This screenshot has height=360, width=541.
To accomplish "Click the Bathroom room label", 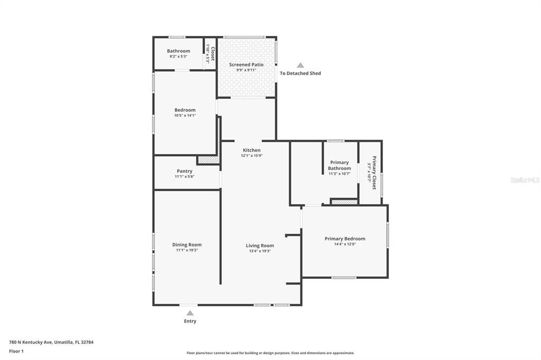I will (179, 51).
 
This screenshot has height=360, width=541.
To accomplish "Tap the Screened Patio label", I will (246, 64).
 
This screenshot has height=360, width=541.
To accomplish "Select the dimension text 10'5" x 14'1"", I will (185, 116).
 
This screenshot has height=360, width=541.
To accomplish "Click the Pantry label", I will (184, 171).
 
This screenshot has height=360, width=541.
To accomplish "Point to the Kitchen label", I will (251, 150).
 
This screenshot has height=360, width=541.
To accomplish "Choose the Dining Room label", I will (186, 244).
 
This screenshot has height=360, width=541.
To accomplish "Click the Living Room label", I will (260, 245).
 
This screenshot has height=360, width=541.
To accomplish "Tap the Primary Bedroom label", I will (344, 239).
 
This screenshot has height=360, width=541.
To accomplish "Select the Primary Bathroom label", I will (339, 165).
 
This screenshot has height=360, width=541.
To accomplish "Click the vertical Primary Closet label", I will (374, 173).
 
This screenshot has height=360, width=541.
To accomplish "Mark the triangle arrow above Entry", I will (190, 313).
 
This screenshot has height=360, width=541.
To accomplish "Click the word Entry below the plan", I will (190, 321).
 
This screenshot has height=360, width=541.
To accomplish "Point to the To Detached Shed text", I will (300, 73).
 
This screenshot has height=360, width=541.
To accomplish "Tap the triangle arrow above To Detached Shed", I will (300, 65).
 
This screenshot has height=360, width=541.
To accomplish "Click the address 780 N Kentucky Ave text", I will (51, 342).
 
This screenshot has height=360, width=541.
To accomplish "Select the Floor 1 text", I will (16, 351).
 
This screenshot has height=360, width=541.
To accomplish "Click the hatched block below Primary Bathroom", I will (344, 202).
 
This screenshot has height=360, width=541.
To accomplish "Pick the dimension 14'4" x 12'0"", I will (344, 244).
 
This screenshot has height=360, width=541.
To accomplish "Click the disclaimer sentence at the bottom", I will (270, 353).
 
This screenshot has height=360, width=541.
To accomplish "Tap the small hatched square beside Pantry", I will (208, 159).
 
